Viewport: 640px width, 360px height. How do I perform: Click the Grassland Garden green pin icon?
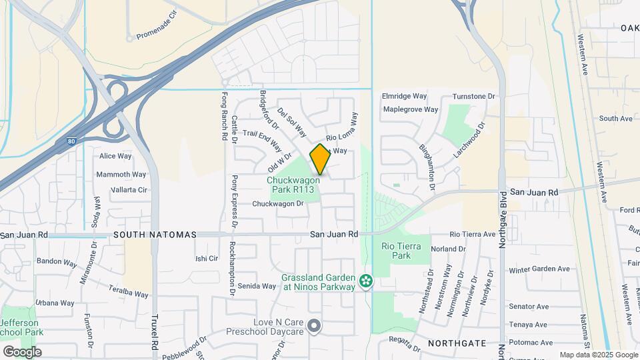[365, 282]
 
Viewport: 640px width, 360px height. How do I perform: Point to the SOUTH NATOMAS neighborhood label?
[155, 235]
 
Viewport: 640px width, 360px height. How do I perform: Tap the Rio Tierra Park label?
[401, 251]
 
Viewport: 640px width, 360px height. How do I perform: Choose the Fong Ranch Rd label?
[224, 115]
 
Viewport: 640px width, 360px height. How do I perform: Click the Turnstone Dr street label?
[475, 97]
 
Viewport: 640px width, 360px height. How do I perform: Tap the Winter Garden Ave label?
[539, 269]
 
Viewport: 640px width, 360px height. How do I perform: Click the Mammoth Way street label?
[122, 175]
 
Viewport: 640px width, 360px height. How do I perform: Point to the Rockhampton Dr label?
[233, 267]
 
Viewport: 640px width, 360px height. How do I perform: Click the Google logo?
[22, 351]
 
